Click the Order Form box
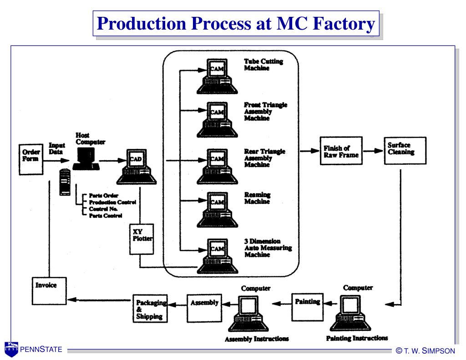click(x=31, y=159)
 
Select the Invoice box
click(x=49, y=291)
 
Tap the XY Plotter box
click(x=142, y=239)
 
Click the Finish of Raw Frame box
click(x=341, y=151)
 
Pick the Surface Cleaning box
click(x=405, y=151)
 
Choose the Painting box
click(x=307, y=307)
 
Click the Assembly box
click(x=204, y=308)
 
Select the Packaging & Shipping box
click(x=150, y=309)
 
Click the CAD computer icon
click(x=137, y=167)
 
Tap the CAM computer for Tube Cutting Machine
click(x=217, y=76)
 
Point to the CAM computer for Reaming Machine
click(x=217, y=210)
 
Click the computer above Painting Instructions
click(x=350, y=313)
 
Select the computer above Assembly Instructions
click(x=248, y=314)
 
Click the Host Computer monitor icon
click(x=86, y=159)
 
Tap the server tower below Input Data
click(x=65, y=182)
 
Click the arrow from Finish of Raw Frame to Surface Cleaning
click(x=373, y=151)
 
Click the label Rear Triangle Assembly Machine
click(x=264, y=158)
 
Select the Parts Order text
click(x=104, y=195)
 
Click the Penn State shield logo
click(x=11, y=349)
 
